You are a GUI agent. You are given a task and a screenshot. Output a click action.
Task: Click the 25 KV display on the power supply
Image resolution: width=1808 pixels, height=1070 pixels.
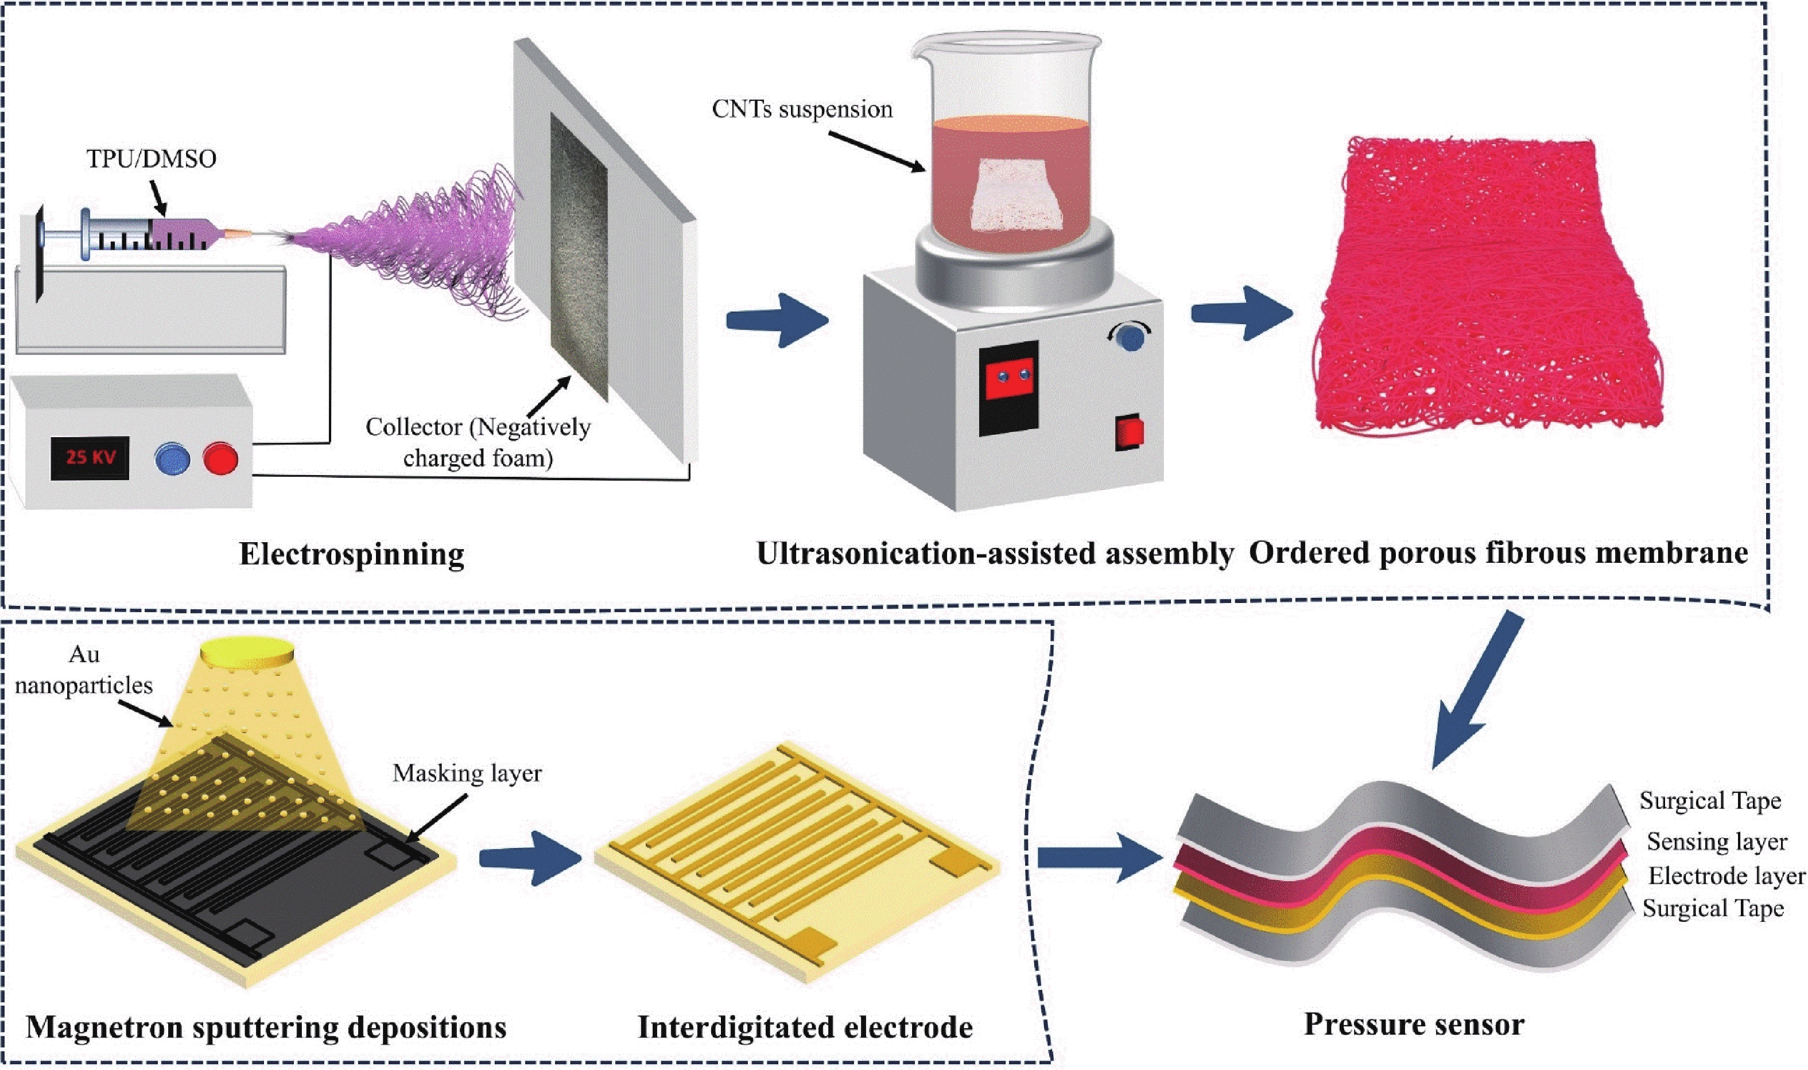[x=90, y=457]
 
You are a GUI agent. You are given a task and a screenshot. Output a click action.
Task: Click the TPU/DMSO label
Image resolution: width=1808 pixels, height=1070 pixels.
[x=152, y=158]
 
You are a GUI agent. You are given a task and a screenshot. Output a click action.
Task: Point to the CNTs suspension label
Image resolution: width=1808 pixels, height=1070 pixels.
[x=802, y=110]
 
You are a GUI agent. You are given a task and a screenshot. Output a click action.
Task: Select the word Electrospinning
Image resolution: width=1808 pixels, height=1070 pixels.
[x=351, y=554]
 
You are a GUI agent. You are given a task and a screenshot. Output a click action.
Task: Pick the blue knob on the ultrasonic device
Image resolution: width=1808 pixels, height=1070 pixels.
[x=1128, y=337]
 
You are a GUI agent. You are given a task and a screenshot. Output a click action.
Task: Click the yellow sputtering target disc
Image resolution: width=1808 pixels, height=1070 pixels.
[x=247, y=652]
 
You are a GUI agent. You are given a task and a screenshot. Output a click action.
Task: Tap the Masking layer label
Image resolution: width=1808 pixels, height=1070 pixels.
[x=467, y=773]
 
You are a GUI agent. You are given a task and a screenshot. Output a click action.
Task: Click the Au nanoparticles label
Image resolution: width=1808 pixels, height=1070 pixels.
[x=84, y=670]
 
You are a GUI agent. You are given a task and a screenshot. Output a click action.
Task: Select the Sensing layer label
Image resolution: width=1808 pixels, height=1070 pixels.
[x=1716, y=842]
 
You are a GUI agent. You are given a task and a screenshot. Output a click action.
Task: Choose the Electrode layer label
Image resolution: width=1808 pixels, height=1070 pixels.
[x=1726, y=876]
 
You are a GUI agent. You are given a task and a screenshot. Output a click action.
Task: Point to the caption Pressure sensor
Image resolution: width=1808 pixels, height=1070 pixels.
[x=1414, y=1025]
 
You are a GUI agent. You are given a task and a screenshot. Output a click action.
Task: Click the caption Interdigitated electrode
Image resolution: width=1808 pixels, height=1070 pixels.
[x=805, y=1027]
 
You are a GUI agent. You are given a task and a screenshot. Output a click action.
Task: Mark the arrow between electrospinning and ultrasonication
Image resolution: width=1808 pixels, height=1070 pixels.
[x=777, y=320]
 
